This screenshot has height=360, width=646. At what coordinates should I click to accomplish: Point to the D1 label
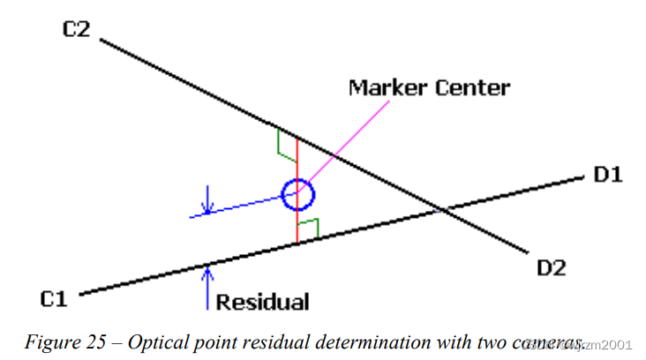(x=608, y=175)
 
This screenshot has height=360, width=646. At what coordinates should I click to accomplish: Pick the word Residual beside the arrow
(x=263, y=303)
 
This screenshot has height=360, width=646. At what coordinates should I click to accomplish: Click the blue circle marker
(x=298, y=194)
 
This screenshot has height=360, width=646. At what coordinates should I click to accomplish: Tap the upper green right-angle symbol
(x=286, y=143)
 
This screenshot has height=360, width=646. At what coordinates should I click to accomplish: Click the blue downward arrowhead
(x=207, y=209)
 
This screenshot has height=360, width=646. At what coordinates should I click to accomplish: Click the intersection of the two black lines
(x=442, y=210)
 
